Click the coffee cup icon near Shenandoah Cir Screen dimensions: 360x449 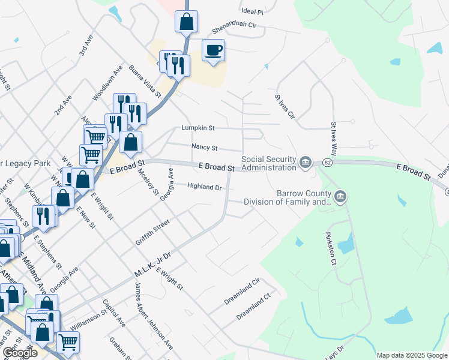[213, 50]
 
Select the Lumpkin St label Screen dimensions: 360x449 [198, 128]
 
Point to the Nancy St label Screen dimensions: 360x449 [204, 147]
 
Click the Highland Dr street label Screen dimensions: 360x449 [205, 187]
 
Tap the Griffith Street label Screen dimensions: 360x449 [152, 233]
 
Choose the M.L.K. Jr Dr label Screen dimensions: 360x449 [152, 265]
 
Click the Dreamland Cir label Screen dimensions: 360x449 [243, 292]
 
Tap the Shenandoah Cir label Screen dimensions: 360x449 [235, 28]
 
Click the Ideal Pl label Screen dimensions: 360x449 [252, 11]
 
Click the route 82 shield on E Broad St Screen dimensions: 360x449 [327, 163]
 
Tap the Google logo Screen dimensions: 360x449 [20, 352]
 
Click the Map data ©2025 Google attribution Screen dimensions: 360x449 [411, 355]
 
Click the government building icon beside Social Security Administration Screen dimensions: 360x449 [306, 161]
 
